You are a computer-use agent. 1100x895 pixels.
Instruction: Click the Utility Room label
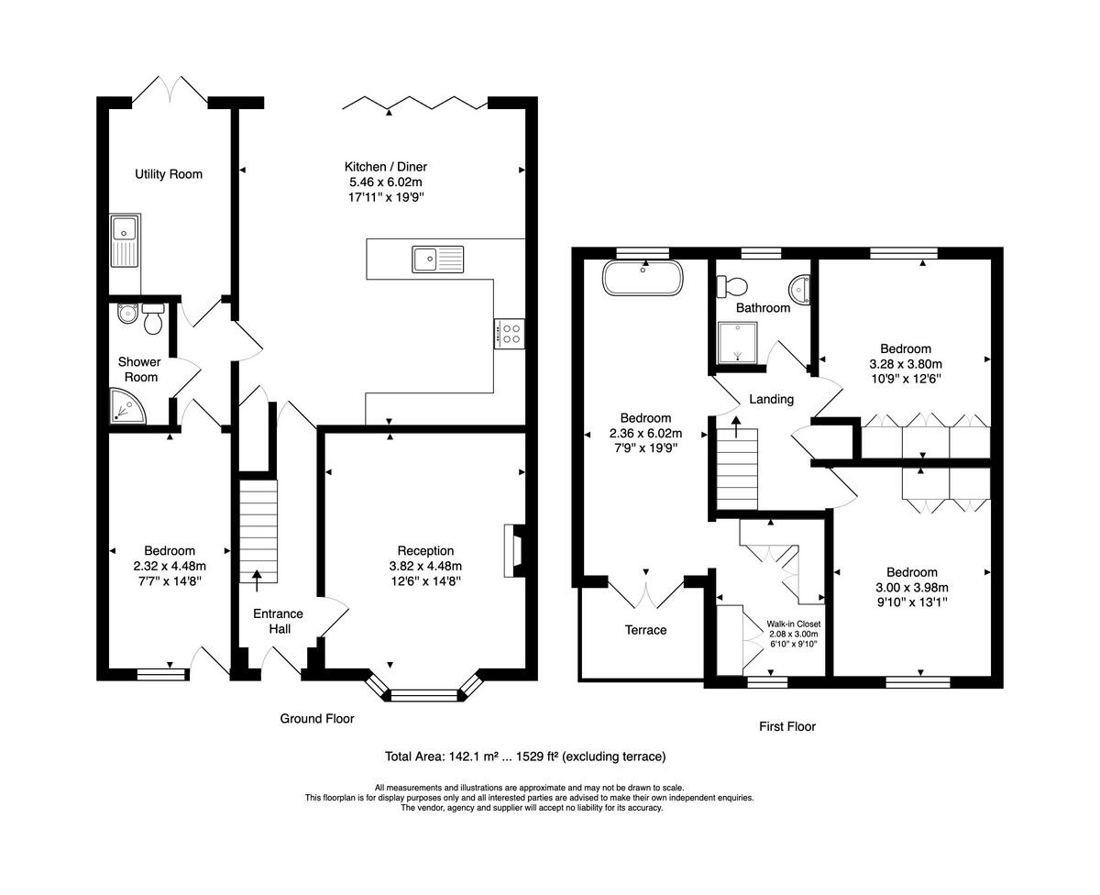(169, 174)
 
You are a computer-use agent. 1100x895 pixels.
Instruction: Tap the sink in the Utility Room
(123, 240)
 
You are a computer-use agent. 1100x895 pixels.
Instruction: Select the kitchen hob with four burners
(509, 334)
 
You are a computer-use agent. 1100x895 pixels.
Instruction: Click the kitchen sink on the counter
(438, 260)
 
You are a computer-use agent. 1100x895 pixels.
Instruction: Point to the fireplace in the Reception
(512, 550)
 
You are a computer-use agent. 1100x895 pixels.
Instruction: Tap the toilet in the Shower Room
(152, 318)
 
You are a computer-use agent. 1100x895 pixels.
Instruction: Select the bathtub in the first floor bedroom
(642, 279)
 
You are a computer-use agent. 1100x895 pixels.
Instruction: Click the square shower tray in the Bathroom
(738, 342)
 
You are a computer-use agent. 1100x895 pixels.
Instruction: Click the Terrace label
(645, 630)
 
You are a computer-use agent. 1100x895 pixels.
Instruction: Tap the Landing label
(771, 399)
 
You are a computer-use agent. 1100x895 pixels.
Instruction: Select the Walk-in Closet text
(794, 624)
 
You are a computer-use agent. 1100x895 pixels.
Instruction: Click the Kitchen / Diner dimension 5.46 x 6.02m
(385, 182)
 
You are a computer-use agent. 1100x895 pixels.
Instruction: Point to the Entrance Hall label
(279, 621)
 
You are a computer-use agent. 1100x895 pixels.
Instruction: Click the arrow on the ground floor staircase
(256, 576)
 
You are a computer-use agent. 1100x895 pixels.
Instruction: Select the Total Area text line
(525, 757)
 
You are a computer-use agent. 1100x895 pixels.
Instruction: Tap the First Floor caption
(786, 726)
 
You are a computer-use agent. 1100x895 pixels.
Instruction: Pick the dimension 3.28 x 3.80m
(906, 363)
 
